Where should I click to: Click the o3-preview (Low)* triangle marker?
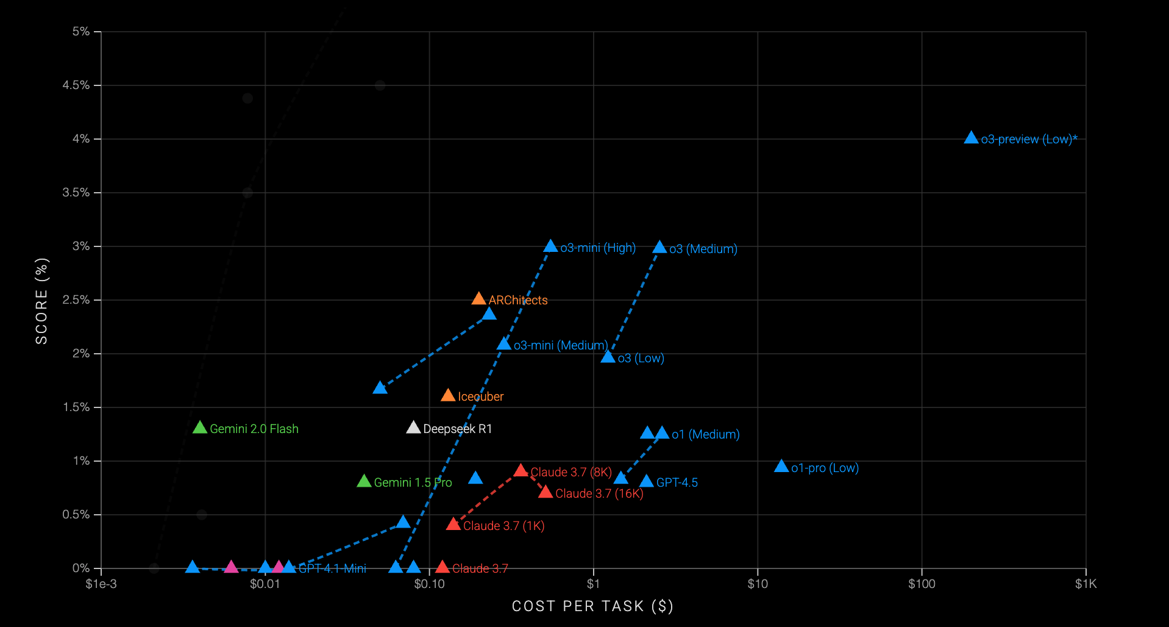point(971,138)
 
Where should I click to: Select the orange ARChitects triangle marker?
point(478,299)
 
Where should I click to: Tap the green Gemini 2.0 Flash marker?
point(200,428)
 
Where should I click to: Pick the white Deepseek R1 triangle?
point(413,428)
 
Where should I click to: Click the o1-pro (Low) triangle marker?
point(781,467)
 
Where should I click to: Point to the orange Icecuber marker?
point(448,396)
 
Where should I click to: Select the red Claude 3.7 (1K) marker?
point(453,525)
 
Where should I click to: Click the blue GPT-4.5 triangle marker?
point(647,482)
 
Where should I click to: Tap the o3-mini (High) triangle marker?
point(550,246)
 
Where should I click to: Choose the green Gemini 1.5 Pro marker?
point(364,481)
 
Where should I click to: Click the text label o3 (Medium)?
point(703,249)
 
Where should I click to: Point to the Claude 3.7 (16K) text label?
point(599,493)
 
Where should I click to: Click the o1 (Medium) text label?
point(705,434)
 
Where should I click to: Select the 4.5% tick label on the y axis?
point(76,85)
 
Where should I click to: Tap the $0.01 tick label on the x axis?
point(265,584)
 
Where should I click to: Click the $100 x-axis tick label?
point(922,584)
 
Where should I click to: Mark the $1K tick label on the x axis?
point(1085,584)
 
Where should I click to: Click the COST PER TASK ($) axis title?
point(592,606)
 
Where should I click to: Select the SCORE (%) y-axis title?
point(41,301)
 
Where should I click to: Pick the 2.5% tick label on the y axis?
point(76,300)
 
